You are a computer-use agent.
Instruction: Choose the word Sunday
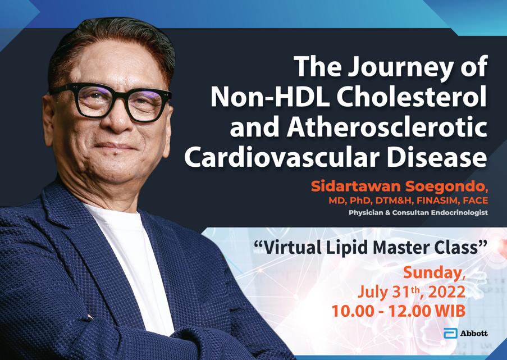click(434, 274)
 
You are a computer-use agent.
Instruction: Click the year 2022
click(447, 292)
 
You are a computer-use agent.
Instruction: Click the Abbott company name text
click(474, 334)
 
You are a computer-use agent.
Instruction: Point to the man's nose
click(118, 116)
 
